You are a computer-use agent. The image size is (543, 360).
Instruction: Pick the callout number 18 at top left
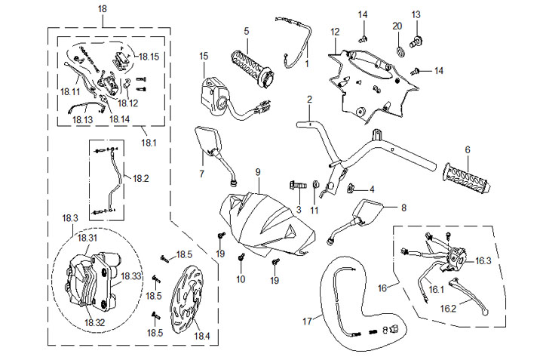[x=103, y=8]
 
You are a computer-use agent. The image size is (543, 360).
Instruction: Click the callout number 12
[x=335, y=32]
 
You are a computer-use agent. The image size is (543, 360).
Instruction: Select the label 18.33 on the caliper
[x=131, y=276]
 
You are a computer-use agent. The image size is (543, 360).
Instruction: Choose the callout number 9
[x=257, y=173]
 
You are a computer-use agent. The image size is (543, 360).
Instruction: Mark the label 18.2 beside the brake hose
[x=141, y=179]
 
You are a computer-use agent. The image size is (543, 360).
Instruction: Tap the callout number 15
[x=204, y=56]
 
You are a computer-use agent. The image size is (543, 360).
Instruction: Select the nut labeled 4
[x=351, y=189]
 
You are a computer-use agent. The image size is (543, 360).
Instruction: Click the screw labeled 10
[x=241, y=260]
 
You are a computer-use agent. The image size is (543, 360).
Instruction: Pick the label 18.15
[x=149, y=57]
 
